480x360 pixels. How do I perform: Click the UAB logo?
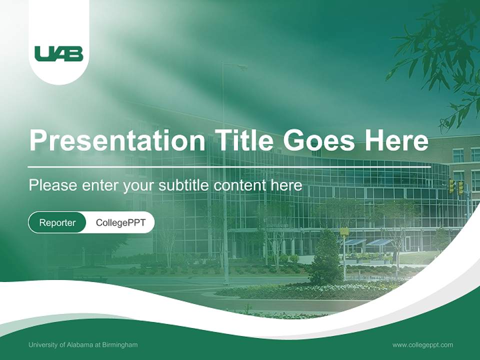click(58, 53)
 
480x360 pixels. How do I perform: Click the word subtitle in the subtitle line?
click(184, 185)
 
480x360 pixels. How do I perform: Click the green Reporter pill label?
click(57, 222)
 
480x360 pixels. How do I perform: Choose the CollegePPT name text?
click(120, 222)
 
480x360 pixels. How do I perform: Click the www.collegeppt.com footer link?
click(422, 345)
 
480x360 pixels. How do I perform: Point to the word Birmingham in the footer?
click(120, 345)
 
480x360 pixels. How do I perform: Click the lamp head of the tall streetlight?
click(242, 66)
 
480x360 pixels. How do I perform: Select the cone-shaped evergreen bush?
click(326, 257)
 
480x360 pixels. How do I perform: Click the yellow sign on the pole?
click(344, 231)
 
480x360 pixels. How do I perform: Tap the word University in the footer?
click(42, 345)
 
